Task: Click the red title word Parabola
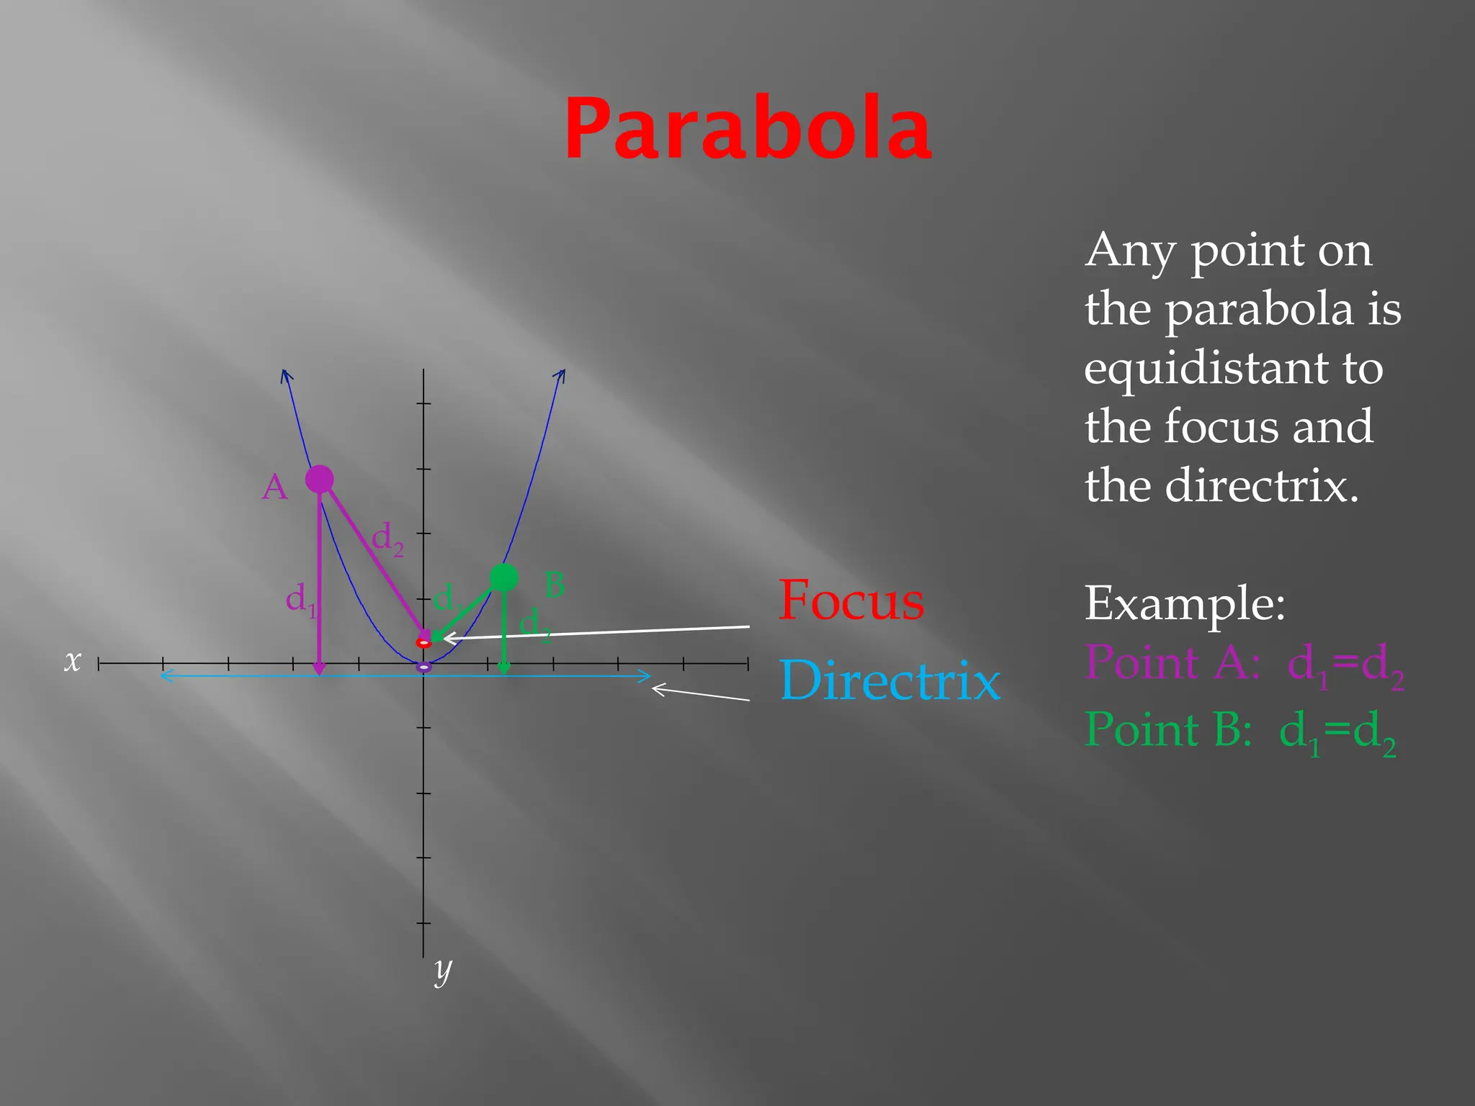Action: click(748, 130)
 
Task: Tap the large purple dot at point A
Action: click(320, 479)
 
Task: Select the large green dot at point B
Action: click(504, 577)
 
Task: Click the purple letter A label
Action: click(274, 488)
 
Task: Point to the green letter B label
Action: click(554, 585)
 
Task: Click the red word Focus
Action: click(851, 601)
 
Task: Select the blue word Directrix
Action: click(890, 680)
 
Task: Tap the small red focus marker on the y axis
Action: click(424, 642)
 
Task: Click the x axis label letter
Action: click(72, 660)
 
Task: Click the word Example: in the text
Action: click(1185, 603)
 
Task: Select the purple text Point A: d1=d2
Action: click(1245, 664)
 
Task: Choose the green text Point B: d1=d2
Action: click(1241, 731)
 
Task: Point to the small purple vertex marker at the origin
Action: click(424, 667)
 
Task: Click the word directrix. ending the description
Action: click(1261, 486)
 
